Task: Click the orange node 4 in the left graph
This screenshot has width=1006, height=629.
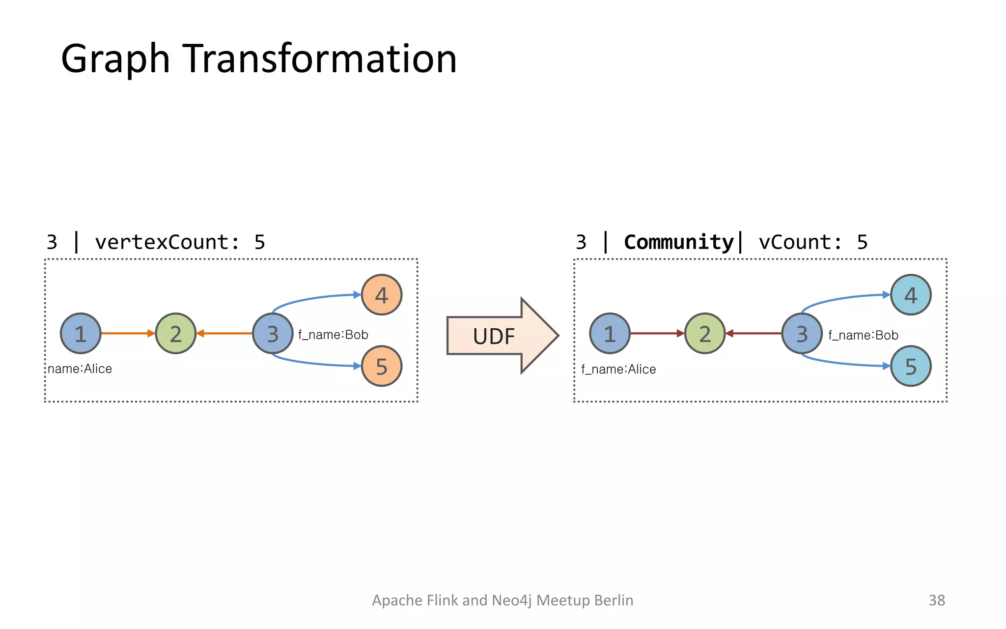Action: tap(382, 295)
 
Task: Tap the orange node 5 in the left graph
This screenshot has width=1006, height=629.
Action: tap(382, 366)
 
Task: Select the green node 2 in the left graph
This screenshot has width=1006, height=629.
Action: tap(176, 334)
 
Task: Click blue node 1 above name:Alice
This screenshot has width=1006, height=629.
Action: tap(81, 334)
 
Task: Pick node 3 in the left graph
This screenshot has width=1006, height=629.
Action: tap(273, 334)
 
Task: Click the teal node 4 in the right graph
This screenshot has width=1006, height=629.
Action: tap(911, 295)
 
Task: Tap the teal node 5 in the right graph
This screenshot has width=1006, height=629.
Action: tap(911, 366)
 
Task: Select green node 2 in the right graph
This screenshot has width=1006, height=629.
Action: tap(705, 334)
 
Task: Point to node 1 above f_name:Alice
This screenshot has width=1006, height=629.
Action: tap(610, 334)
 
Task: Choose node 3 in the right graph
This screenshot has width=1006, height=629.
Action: tap(802, 334)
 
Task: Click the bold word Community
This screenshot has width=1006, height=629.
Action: tap(678, 242)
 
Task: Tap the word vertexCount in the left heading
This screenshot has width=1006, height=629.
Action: tap(162, 242)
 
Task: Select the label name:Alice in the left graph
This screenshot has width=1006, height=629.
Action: tap(80, 369)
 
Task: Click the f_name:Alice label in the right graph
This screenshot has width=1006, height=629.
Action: tap(618, 369)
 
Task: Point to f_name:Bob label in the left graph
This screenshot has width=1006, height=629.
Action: tap(333, 335)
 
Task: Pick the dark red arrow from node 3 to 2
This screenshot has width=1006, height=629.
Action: tap(754, 333)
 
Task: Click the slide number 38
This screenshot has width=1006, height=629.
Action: tap(936, 600)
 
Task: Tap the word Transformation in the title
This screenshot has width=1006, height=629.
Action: tap(320, 59)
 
